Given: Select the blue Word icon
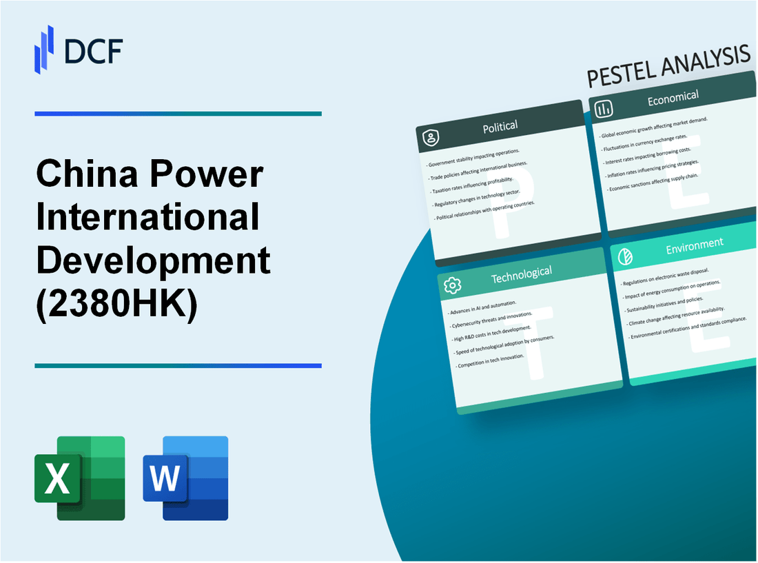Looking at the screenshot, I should [185, 478].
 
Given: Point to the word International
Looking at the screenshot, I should [148, 218].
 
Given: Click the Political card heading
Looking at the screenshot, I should [500, 126].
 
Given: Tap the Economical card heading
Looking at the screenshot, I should [673, 98].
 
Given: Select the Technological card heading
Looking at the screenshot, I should [521, 274].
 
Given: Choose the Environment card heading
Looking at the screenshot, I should [695, 243].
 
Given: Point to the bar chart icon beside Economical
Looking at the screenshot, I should [604, 109].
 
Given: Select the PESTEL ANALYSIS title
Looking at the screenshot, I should [668, 68].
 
